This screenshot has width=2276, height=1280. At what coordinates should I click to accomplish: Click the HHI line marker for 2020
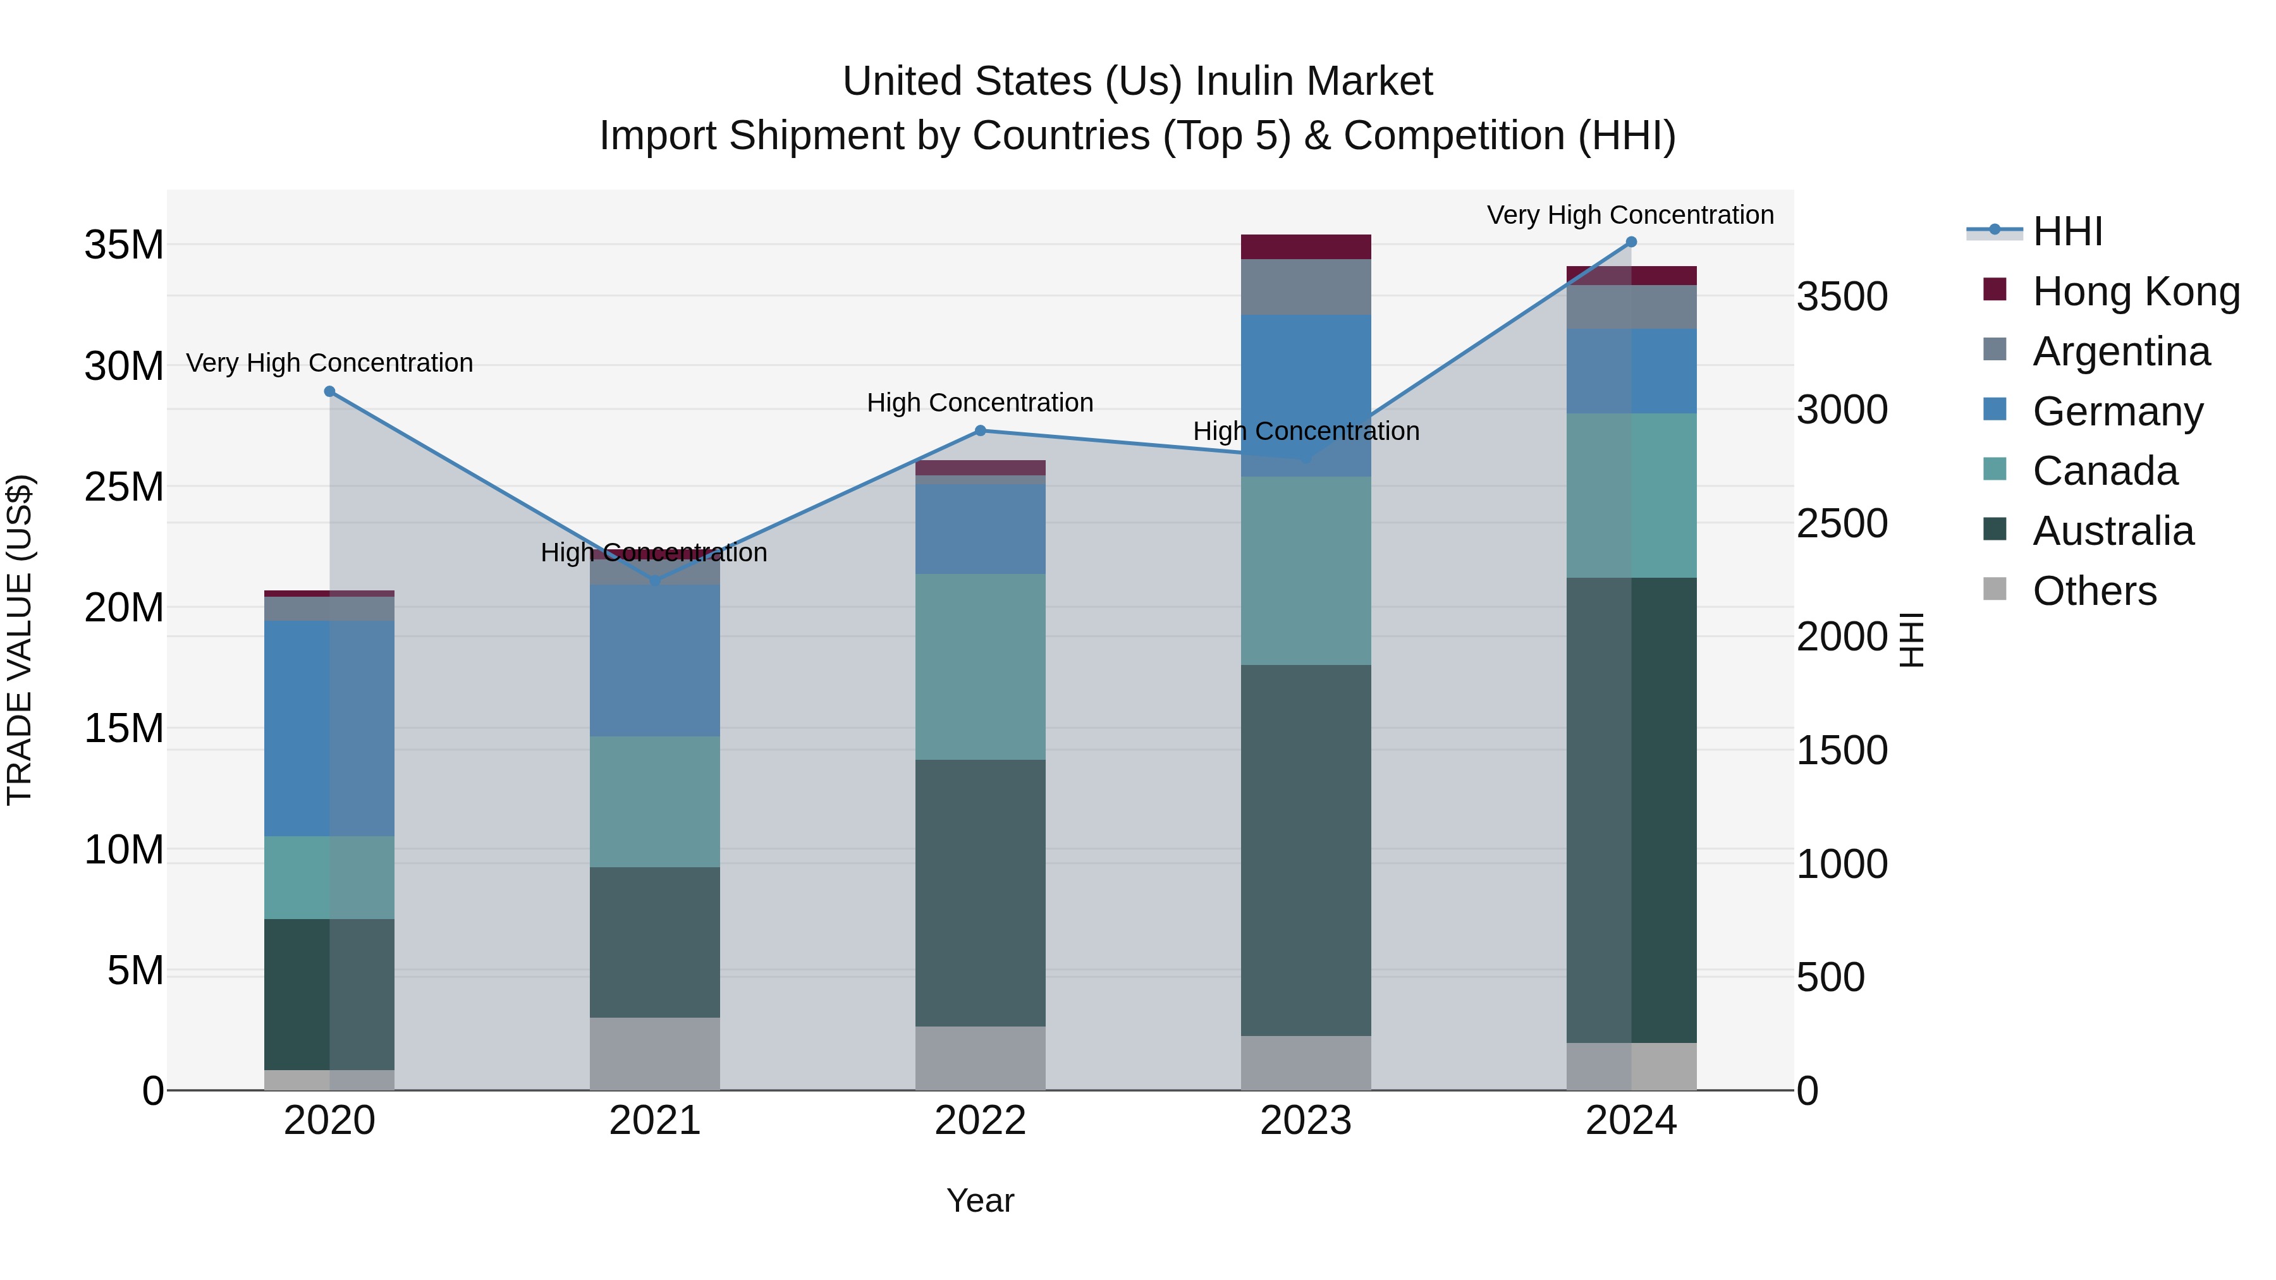[x=329, y=391]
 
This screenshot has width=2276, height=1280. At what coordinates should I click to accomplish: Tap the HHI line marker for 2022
[x=980, y=431]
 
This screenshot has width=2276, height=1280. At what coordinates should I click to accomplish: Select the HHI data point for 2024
[x=1631, y=242]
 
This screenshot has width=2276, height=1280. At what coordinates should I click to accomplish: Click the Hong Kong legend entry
[x=2136, y=291]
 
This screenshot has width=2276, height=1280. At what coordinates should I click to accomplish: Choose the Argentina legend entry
[x=2120, y=351]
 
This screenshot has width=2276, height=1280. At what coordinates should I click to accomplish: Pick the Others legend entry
[x=2094, y=591]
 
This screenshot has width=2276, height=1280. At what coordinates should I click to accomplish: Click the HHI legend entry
[x=2067, y=231]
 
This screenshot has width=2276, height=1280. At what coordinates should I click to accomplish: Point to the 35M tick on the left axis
[x=124, y=245]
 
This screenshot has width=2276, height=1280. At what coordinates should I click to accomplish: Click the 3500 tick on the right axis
[x=1842, y=297]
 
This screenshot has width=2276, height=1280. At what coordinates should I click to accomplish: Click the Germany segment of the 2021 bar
[x=655, y=660]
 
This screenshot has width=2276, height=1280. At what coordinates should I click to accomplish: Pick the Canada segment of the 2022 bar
[x=980, y=667]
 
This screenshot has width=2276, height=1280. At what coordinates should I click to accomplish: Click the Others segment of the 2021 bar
[x=655, y=1053]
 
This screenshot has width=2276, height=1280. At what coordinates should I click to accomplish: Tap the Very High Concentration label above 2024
[x=1630, y=215]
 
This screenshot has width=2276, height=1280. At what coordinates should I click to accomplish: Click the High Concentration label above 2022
[x=980, y=403]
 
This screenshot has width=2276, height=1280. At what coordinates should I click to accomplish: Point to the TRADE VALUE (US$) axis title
[x=20, y=640]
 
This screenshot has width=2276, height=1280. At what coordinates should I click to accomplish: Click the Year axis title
[x=980, y=1200]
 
